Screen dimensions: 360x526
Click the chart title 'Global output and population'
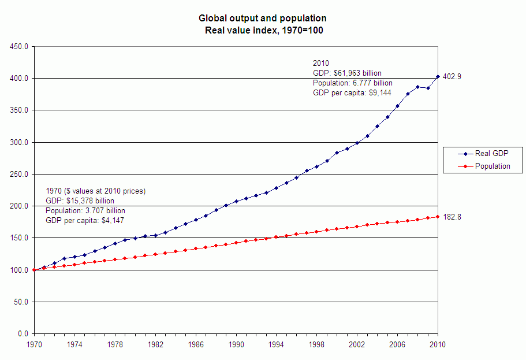coord(263,19)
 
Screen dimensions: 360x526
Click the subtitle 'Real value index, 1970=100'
coord(263,30)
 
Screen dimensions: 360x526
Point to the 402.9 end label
coord(452,76)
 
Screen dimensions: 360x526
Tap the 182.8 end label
coord(452,217)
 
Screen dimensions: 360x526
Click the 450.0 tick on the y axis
coord(19,46)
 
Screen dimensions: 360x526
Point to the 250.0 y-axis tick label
coord(19,174)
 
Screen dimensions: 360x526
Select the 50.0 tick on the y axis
coord(21,302)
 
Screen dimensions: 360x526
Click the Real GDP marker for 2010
coord(438,76)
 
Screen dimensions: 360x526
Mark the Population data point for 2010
coord(438,217)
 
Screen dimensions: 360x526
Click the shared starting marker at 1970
coord(34,270)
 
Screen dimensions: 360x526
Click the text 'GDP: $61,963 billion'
coord(347,73)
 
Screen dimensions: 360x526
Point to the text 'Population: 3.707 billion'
coord(85,211)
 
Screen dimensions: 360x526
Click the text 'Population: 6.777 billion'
coord(352,83)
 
